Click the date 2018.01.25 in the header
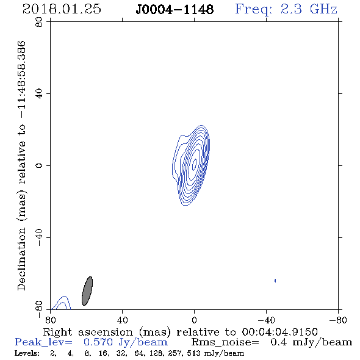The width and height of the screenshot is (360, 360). [62, 9]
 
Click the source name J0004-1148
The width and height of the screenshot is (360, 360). [175, 10]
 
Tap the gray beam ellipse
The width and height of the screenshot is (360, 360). [87, 291]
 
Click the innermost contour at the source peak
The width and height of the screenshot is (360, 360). [194, 165]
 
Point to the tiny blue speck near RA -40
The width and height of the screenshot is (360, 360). [275, 280]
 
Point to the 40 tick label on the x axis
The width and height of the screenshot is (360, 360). [122, 320]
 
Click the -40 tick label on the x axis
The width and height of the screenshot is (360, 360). [266, 320]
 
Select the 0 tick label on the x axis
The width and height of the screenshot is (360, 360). [194, 320]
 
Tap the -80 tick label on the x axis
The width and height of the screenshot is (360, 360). [338, 320]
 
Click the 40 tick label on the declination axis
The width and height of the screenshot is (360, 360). [39, 94]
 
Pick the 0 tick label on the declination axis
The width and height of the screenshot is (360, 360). [39, 165]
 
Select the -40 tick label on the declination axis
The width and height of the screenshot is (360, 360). [39, 237]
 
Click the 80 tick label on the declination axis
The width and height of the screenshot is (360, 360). [39, 22]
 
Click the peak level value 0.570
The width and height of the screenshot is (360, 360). [98, 342]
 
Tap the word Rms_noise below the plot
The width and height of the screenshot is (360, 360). [225, 342]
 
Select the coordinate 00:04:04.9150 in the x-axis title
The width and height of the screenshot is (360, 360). [280, 332]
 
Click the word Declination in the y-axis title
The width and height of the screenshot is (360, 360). [21, 259]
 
